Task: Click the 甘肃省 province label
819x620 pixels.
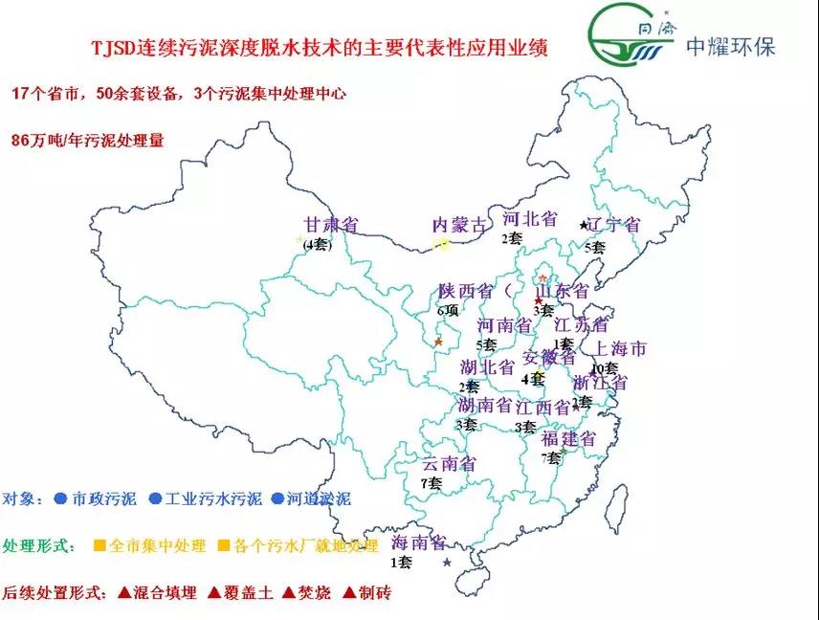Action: pos(330,225)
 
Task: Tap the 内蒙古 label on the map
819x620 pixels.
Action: pos(459,225)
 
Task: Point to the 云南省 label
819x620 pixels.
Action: pos(449,464)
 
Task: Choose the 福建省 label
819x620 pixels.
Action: pos(568,439)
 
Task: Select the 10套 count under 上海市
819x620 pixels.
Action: pos(605,367)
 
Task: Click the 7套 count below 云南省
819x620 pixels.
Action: pos(431,484)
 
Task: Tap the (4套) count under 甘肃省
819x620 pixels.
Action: pos(317,245)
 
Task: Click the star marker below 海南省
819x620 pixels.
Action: pos(447,563)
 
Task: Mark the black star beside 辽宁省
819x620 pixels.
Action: pos(584,225)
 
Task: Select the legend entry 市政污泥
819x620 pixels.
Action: pos(102,498)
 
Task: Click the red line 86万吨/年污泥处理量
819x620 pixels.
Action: pos(88,140)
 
